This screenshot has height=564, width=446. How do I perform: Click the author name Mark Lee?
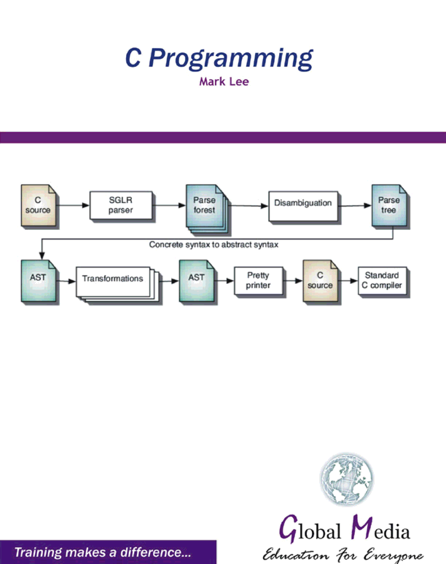tap(224, 82)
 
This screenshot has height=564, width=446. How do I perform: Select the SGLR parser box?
tap(121, 205)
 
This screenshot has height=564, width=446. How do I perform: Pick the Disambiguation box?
tap(303, 206)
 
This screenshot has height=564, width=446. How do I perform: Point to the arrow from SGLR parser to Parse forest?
tap(169, 205)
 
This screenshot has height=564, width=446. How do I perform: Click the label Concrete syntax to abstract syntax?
tap(213, 245)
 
